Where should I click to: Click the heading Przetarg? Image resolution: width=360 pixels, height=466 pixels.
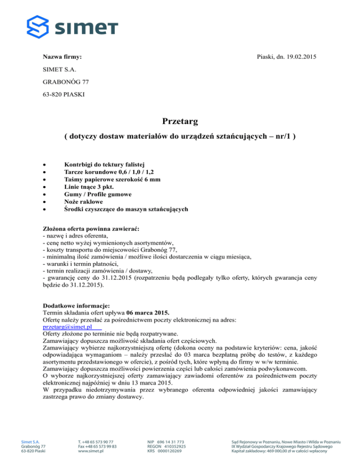[180, 122]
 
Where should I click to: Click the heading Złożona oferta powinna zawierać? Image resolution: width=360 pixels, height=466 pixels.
[91, 228]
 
